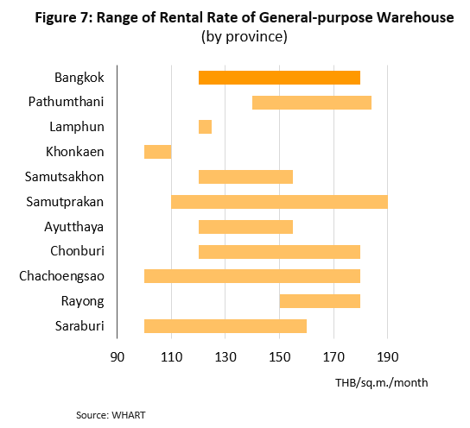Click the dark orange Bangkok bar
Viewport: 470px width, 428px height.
(x=279, y=78)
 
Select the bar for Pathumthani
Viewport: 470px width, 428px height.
(x=312, y=103)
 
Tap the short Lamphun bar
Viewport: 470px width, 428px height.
(x=205, y=127)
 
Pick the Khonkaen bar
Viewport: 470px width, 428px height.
(x=157, y=152)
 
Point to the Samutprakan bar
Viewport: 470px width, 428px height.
(x=279, y=202)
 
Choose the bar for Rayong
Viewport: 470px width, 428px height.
(x=320, y=301)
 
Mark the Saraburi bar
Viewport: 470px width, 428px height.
(x=225, y=326)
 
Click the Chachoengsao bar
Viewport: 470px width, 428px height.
(x=252, y=276)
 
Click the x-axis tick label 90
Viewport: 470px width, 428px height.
(x=117, y=357)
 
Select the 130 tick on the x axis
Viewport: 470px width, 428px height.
(x=225, y=357)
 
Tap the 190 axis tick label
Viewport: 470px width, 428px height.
(x=388, y=357)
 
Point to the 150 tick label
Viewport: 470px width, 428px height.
(x=280, y=357)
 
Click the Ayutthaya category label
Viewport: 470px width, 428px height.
(x=74, y=227)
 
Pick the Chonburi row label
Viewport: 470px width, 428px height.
(x=77, y=251)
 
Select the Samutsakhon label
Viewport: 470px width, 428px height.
(x=64, y=177)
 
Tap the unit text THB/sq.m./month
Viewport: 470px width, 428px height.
(x=382, y=383)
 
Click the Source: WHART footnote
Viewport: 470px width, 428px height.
(x=111, y=415)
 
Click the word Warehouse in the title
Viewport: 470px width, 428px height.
(x=416, y=17)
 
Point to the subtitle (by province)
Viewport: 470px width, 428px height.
(x=245, y=37)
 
